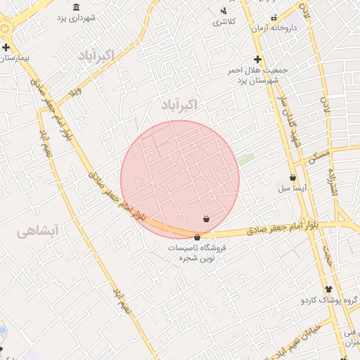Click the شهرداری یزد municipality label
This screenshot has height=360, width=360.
75,18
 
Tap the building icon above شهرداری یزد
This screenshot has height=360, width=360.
76,8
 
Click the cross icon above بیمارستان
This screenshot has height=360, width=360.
6,48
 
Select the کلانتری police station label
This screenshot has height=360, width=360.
225,22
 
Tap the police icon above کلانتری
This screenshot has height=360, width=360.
224,11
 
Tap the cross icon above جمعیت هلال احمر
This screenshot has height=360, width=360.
258,60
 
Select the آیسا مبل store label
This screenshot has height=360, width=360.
290,188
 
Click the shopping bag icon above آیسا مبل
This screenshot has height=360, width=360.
292,177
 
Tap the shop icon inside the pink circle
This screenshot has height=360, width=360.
206,219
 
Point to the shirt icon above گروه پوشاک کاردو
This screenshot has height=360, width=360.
328,289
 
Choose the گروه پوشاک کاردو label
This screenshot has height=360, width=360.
329,300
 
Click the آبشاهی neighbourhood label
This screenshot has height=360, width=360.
38,231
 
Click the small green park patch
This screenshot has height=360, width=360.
245,160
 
